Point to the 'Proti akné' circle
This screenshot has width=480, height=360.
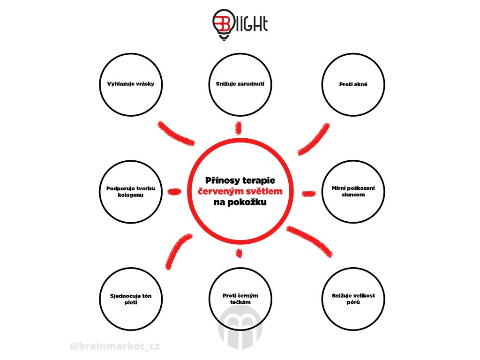click(x=353, y=85)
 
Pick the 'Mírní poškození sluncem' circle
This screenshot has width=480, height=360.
click(x=353, y=191)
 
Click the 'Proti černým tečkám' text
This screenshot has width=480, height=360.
click(x=240, y=299)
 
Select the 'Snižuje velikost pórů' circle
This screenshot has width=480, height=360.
click(x=353, y=299)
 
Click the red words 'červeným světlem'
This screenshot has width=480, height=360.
click(x=240, y=192)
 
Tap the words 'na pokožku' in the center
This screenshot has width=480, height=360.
click(x=240, y=203)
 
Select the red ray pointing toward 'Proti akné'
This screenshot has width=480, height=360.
click(x=313, y=140)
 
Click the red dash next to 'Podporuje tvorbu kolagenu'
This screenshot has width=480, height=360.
click(x=174, y=191)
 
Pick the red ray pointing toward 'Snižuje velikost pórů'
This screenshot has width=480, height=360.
click(x=309, y=240)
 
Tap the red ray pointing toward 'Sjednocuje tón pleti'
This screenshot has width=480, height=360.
click(x=178, y=249)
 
